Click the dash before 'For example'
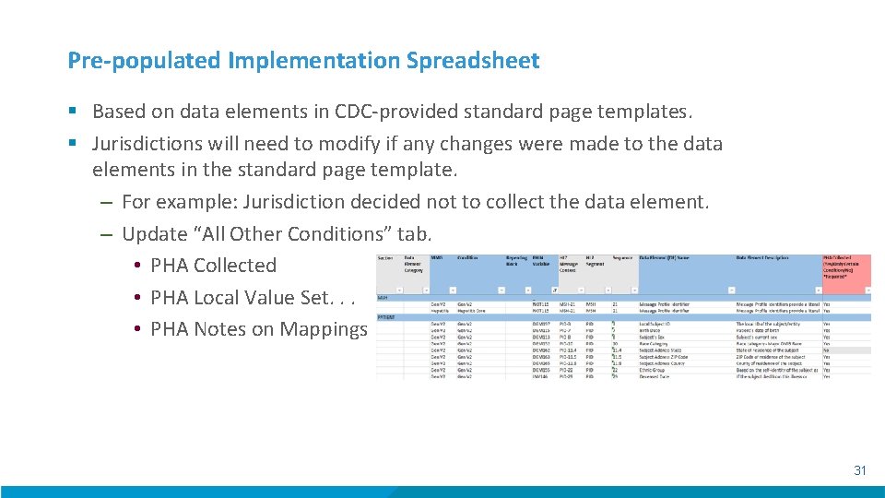(x=107, y=202)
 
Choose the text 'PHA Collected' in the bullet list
(x=213, y=266)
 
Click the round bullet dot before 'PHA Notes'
(x=136, y=329)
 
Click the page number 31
(x=859, y=470)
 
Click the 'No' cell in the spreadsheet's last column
(x=827, y=350)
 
